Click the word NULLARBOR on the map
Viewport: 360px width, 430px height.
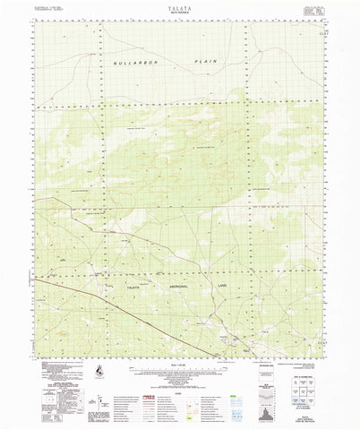(136, 64)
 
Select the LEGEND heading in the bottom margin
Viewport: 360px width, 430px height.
(179, 383)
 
